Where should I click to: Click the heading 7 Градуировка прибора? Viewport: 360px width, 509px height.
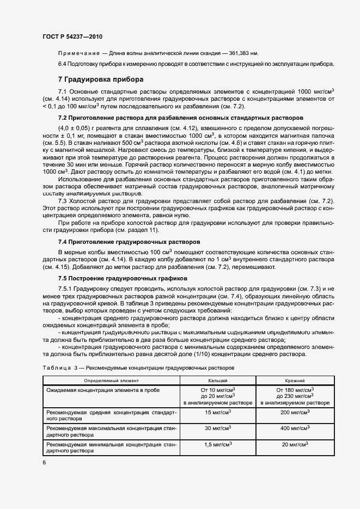(101, 79)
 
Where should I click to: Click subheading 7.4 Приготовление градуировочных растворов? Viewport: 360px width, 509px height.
(129, 241)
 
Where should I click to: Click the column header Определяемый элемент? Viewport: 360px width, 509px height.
(112, 381)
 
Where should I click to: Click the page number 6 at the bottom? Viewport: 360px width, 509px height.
(44, 462)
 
